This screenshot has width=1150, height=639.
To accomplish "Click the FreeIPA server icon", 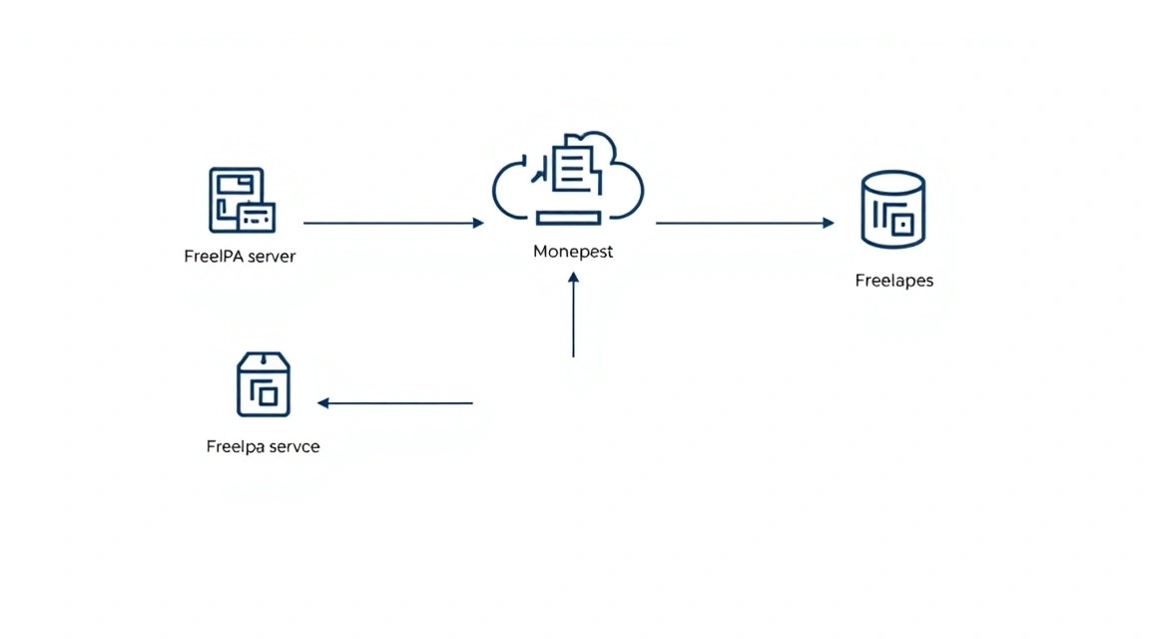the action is point(242,201).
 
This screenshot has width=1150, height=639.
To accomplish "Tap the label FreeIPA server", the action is point(240,256).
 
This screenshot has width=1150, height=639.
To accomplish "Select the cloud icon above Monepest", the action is point(568,179).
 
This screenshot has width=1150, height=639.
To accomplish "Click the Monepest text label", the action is point(573,252).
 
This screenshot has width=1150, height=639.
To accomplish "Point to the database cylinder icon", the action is point(893,210).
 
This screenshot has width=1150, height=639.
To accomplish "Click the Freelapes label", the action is point(894,281).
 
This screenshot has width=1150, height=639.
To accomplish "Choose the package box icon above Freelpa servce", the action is point(264,384).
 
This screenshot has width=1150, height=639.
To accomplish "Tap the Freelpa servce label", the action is point(263,446).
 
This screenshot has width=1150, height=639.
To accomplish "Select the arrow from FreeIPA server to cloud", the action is point(394,223).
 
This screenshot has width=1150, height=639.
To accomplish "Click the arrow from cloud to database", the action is point(745,223).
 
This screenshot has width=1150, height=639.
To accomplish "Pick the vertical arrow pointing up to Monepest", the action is point(574,315).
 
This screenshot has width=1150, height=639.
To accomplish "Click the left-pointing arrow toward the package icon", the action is point(394,402).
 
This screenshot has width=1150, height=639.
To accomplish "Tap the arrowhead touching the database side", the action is point(830,223).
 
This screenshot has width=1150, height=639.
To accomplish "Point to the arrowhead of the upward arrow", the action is point(574,278).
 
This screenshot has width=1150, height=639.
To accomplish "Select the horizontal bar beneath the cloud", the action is point(568,218).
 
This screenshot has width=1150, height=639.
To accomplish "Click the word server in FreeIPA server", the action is point(272,257).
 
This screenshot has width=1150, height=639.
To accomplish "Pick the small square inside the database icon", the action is point(902,224).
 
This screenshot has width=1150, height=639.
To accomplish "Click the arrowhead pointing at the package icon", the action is point(322,402).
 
